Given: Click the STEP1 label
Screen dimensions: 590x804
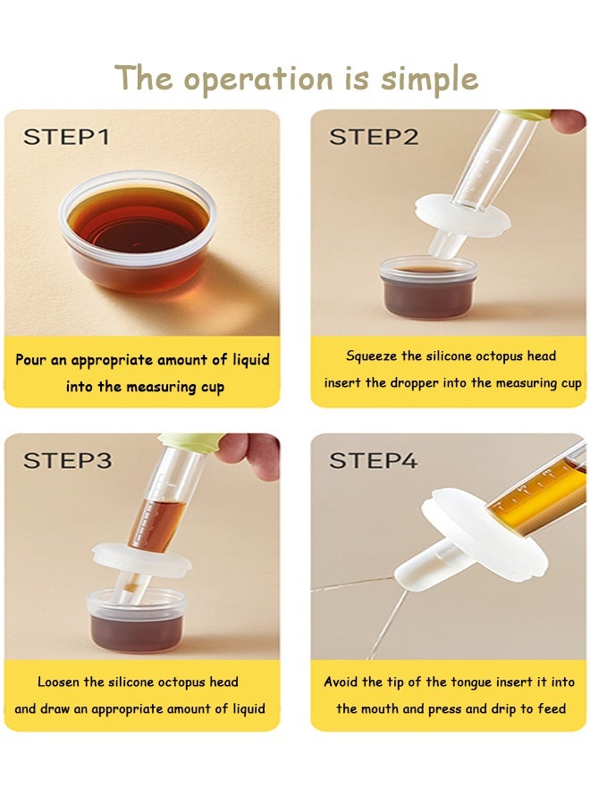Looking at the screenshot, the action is click(x=66, y=137).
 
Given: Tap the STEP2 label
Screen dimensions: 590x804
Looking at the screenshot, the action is click(x=374, y=137).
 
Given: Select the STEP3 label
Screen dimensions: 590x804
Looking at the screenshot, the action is click(x=67, y=460).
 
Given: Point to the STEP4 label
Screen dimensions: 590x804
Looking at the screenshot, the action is click(x=373, y=460).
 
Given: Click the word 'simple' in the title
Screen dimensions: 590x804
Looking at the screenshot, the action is click(x=429, y=80).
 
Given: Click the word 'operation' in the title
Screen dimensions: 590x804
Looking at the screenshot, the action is click(x=258, y=80).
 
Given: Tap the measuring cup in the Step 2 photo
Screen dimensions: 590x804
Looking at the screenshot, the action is click(x=428, y=287).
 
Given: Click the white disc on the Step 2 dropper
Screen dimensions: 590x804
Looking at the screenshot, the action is click(x=462, y=216).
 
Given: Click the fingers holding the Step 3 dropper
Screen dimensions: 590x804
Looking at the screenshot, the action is click(x=249, y=455).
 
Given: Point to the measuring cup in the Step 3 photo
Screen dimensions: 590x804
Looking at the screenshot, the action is click(x=137, y=621).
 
